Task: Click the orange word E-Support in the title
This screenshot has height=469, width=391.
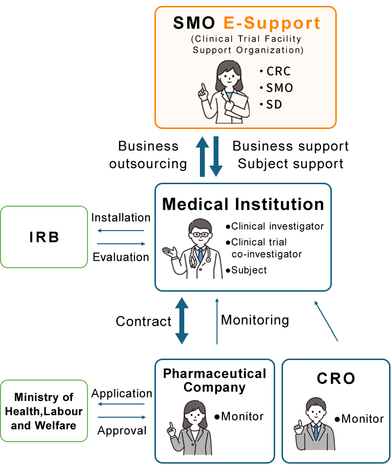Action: [272, 23]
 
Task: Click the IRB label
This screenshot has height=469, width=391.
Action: [44, 237]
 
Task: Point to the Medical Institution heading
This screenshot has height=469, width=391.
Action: [243, 204]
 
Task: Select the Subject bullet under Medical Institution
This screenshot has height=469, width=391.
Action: [248, 270]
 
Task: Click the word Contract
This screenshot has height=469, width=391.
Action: [144, 321]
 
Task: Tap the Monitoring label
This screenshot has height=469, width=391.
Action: [255, 320]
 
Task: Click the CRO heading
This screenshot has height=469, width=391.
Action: [336, 378]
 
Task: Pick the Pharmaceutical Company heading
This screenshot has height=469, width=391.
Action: [215, 381]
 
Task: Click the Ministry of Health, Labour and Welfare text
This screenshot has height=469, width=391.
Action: [43, 411]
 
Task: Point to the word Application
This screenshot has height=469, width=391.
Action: [122, 393]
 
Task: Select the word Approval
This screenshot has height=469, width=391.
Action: [122, 430]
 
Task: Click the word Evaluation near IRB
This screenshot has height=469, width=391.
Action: [121, 257]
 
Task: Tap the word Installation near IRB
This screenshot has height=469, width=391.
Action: [121, 217]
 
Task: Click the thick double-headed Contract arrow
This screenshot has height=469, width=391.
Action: [182, 320]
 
